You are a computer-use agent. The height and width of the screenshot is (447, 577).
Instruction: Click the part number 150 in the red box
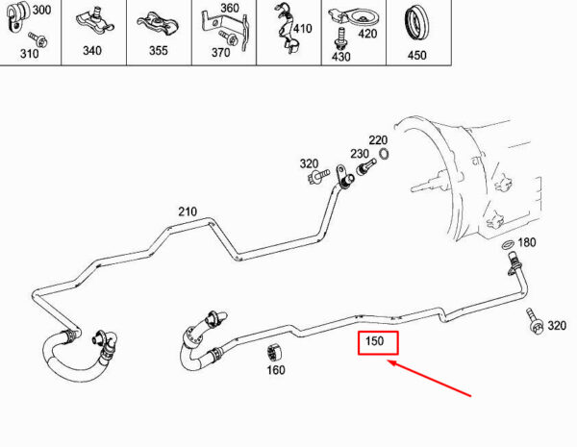click(375, 341)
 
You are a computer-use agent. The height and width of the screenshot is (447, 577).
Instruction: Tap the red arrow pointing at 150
click(429, 379)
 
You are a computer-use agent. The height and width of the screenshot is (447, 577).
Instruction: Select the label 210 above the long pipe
click(188, 211)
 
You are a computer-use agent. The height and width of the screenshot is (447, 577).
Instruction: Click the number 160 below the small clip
click(276, 370)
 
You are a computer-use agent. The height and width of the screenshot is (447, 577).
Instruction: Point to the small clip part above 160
click(274, 353)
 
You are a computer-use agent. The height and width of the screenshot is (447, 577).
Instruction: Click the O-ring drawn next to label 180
click(508, 244)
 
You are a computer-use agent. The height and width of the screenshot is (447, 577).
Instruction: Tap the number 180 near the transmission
click(527, 242)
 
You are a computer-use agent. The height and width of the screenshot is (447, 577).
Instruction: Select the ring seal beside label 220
click(384, 154)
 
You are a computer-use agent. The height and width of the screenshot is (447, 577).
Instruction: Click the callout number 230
click(360, 154)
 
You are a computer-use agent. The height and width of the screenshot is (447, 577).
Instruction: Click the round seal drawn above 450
click(416, 24)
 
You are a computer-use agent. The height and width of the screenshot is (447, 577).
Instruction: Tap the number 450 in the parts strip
click(417, 55)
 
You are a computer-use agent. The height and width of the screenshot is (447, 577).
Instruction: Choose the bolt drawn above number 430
click(341, 38)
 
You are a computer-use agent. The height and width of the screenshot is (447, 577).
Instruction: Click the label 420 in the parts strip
click(367, 34)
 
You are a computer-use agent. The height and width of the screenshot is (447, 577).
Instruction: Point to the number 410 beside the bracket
click(303, 28)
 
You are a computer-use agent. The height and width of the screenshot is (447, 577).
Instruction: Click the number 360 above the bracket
click(230, 8)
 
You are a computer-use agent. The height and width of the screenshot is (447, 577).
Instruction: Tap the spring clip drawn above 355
click(158, 24)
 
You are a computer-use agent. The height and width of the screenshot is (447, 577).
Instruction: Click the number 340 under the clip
click(92, 50)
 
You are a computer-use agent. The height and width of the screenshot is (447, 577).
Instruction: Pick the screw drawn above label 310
click(38, 39)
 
